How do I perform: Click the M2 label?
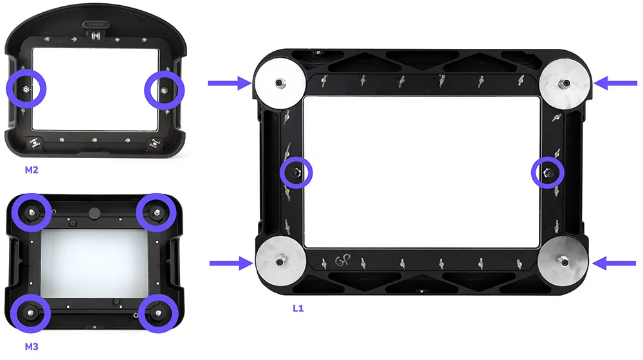(32, 170)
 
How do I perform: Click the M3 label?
(32, 347)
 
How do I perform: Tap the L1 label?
(298, 309)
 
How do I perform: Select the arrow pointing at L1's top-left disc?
(230, 83)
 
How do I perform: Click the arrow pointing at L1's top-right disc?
(615, 83)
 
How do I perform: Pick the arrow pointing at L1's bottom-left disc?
(231, 263)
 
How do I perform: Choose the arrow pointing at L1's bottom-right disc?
(614, 263)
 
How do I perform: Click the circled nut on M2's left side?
(26, 89)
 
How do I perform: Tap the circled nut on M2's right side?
(165, 90)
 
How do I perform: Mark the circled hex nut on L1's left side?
(296, 173)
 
